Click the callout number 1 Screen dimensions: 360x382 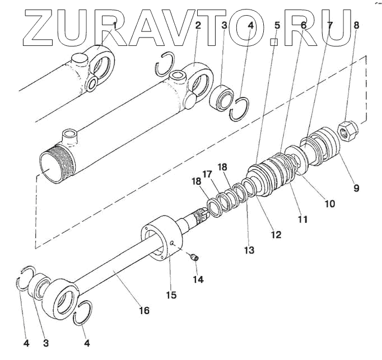point(115,25)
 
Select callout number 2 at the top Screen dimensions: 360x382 point(198,25)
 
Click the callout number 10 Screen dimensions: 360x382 point(329,204)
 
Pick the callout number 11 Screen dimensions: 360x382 point(302,219)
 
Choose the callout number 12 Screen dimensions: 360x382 point(276,235)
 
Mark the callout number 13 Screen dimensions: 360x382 point(249,250)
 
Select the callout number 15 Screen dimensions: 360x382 point(170,294)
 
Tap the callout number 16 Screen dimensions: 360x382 point(144,310)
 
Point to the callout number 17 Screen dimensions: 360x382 point(207,175)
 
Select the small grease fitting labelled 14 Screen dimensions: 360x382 point(193,257)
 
